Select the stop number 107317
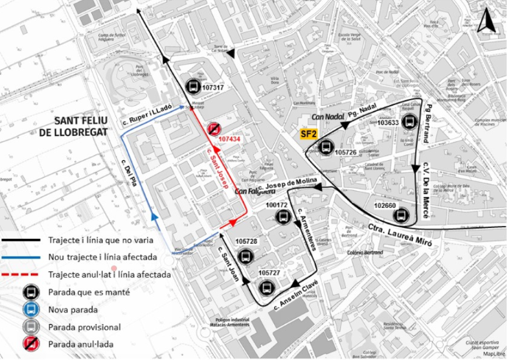coord(212,87)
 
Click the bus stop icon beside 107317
coord(193,85)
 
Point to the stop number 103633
coord(387,123)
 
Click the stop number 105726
coord(345,153)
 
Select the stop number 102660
coord(385,206)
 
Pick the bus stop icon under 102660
coord(400,216)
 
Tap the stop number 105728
coord(247,241)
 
